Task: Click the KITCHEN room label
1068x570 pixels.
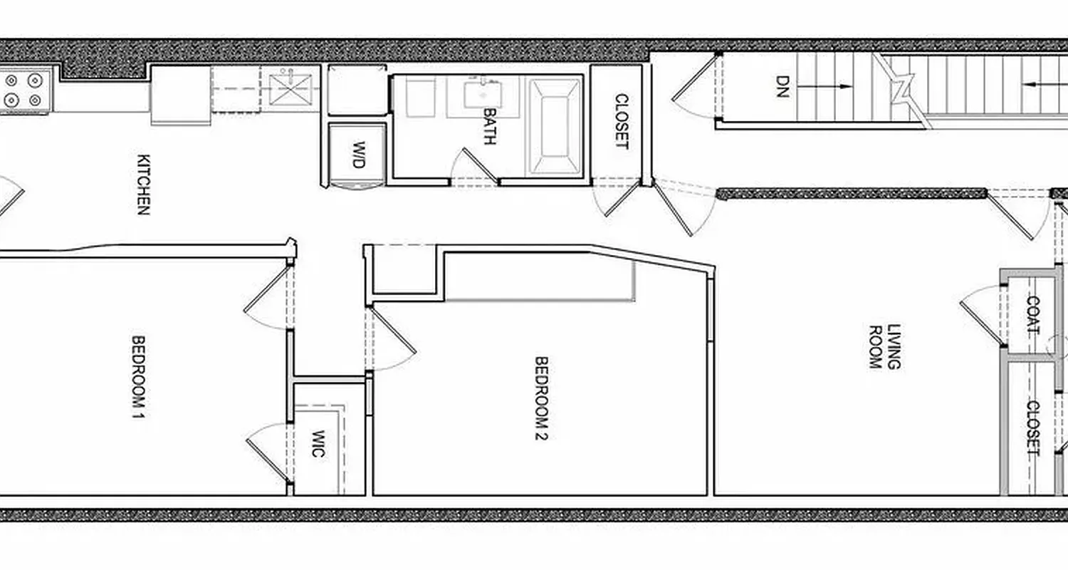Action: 143,185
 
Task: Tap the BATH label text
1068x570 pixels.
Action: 490,126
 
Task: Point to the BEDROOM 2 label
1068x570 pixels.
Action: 541,398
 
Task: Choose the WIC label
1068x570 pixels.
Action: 318,443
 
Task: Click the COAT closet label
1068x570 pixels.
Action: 1032,315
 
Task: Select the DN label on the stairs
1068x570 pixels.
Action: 783,86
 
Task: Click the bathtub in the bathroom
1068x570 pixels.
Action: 554,126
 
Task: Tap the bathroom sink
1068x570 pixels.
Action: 483,93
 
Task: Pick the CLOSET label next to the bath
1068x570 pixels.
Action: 622,121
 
